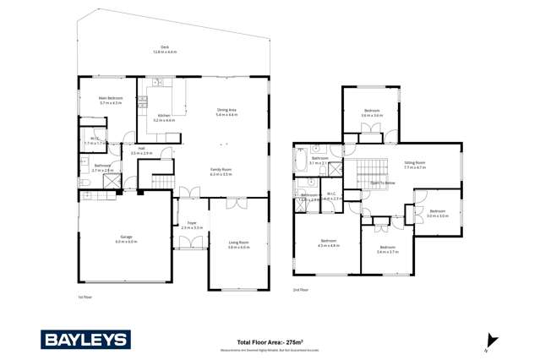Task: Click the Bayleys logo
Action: (86, 340)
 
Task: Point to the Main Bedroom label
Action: (111, 100)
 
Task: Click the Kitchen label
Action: (164, 117)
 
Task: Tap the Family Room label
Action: (221, 171)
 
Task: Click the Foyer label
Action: (191, 225)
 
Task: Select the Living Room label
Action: (238, 244)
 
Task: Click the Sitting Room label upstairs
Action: (414, 165)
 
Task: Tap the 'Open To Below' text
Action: (383, 183)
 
